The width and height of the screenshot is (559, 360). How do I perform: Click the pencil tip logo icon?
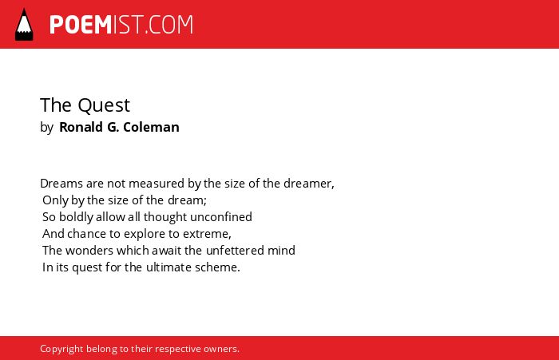[x=24, y=24]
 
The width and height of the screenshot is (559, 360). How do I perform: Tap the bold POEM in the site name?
[x=81, y=25]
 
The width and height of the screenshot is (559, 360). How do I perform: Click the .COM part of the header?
[x=169, y=25]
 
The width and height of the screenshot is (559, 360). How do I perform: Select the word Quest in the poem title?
[x=104, y=105]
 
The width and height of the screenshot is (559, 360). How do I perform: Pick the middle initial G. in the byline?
[x=113, y=127]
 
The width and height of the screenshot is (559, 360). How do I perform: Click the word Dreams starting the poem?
[x=61, y=184]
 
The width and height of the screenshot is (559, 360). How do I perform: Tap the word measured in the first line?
[x=157, y=184]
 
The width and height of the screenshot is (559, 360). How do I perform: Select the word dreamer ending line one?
[x=307, y=184]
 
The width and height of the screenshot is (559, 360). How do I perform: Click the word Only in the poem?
[x=55, y=200]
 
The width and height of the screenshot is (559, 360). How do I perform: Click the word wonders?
[x=89, y=251]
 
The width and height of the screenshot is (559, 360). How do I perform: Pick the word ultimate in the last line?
[x=168, y=267]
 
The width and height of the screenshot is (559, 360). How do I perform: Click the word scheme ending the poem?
[x=216, y=267]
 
